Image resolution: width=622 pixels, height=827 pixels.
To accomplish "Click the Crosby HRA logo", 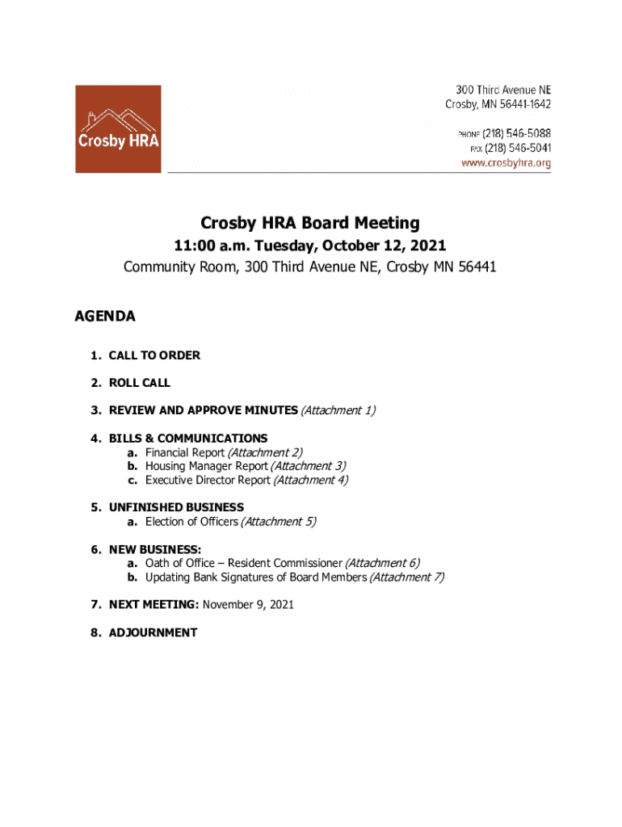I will pos(118,129).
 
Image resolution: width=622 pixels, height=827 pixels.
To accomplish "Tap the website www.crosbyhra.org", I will pos(506,163).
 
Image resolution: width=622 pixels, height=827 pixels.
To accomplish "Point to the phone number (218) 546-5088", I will pos(518,133).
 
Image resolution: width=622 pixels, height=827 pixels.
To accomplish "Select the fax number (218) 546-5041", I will pos(518,148).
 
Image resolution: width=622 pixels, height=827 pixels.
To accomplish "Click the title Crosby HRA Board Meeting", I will pos(310,223).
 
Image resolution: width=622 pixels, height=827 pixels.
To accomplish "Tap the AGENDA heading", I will pos(105,317).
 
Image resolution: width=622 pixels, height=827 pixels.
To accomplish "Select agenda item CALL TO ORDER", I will pos(154,355).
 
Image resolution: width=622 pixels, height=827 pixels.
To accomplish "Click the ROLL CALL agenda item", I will pos(140,383).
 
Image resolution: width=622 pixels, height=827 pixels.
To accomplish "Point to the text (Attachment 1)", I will pos(338,410).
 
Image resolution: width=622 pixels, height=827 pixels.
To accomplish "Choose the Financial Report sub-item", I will pos(185,452).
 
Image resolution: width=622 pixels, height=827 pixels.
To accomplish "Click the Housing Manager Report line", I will pos(206,466).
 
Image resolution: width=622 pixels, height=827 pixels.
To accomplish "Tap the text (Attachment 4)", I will pos(311,480).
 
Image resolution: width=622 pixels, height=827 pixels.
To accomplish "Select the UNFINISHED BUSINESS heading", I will pos(176,507).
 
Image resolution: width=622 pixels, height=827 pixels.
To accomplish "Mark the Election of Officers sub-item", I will pos(191,522).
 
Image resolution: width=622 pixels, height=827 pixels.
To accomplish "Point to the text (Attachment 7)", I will pos(406,577).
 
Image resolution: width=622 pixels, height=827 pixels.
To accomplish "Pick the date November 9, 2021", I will pos(248,604).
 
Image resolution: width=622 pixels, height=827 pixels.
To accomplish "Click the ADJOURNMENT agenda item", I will pos(153,632).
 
